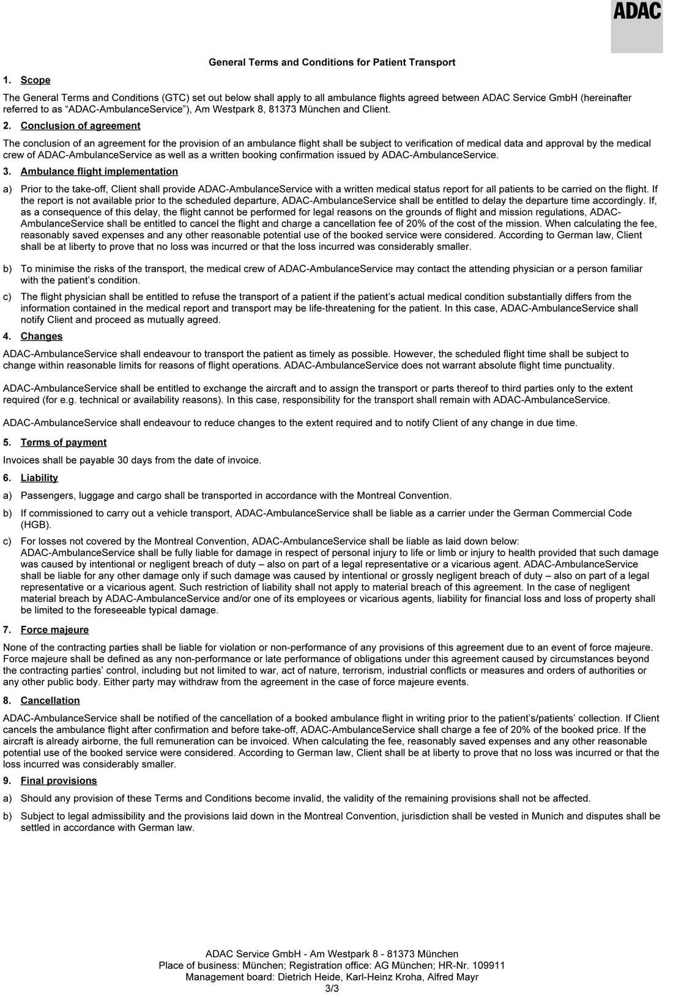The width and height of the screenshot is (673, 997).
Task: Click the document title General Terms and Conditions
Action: (x=332, y=62)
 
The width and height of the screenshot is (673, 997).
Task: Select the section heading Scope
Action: (x=35, y=80)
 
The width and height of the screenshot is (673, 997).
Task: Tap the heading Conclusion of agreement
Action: (x=80, y=126)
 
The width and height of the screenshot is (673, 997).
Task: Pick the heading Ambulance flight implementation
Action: (x=99, y=171)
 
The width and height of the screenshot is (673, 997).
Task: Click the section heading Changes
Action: (x=42, y=336)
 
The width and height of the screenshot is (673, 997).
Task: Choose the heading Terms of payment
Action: (x=64, y=442)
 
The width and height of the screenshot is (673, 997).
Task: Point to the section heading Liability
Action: (x=39, y=478)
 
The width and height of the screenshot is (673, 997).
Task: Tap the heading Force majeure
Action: (x=54, y=630)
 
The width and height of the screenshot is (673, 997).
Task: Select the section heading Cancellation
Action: (x=50, y=701)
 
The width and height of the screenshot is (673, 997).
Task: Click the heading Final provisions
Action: (x=59, y=781)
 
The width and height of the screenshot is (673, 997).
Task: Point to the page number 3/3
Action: (x=332, y=988)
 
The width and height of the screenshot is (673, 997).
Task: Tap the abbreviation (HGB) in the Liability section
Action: (x=36, y=525)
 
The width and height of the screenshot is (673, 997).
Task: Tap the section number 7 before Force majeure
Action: (x=6, y=630)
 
